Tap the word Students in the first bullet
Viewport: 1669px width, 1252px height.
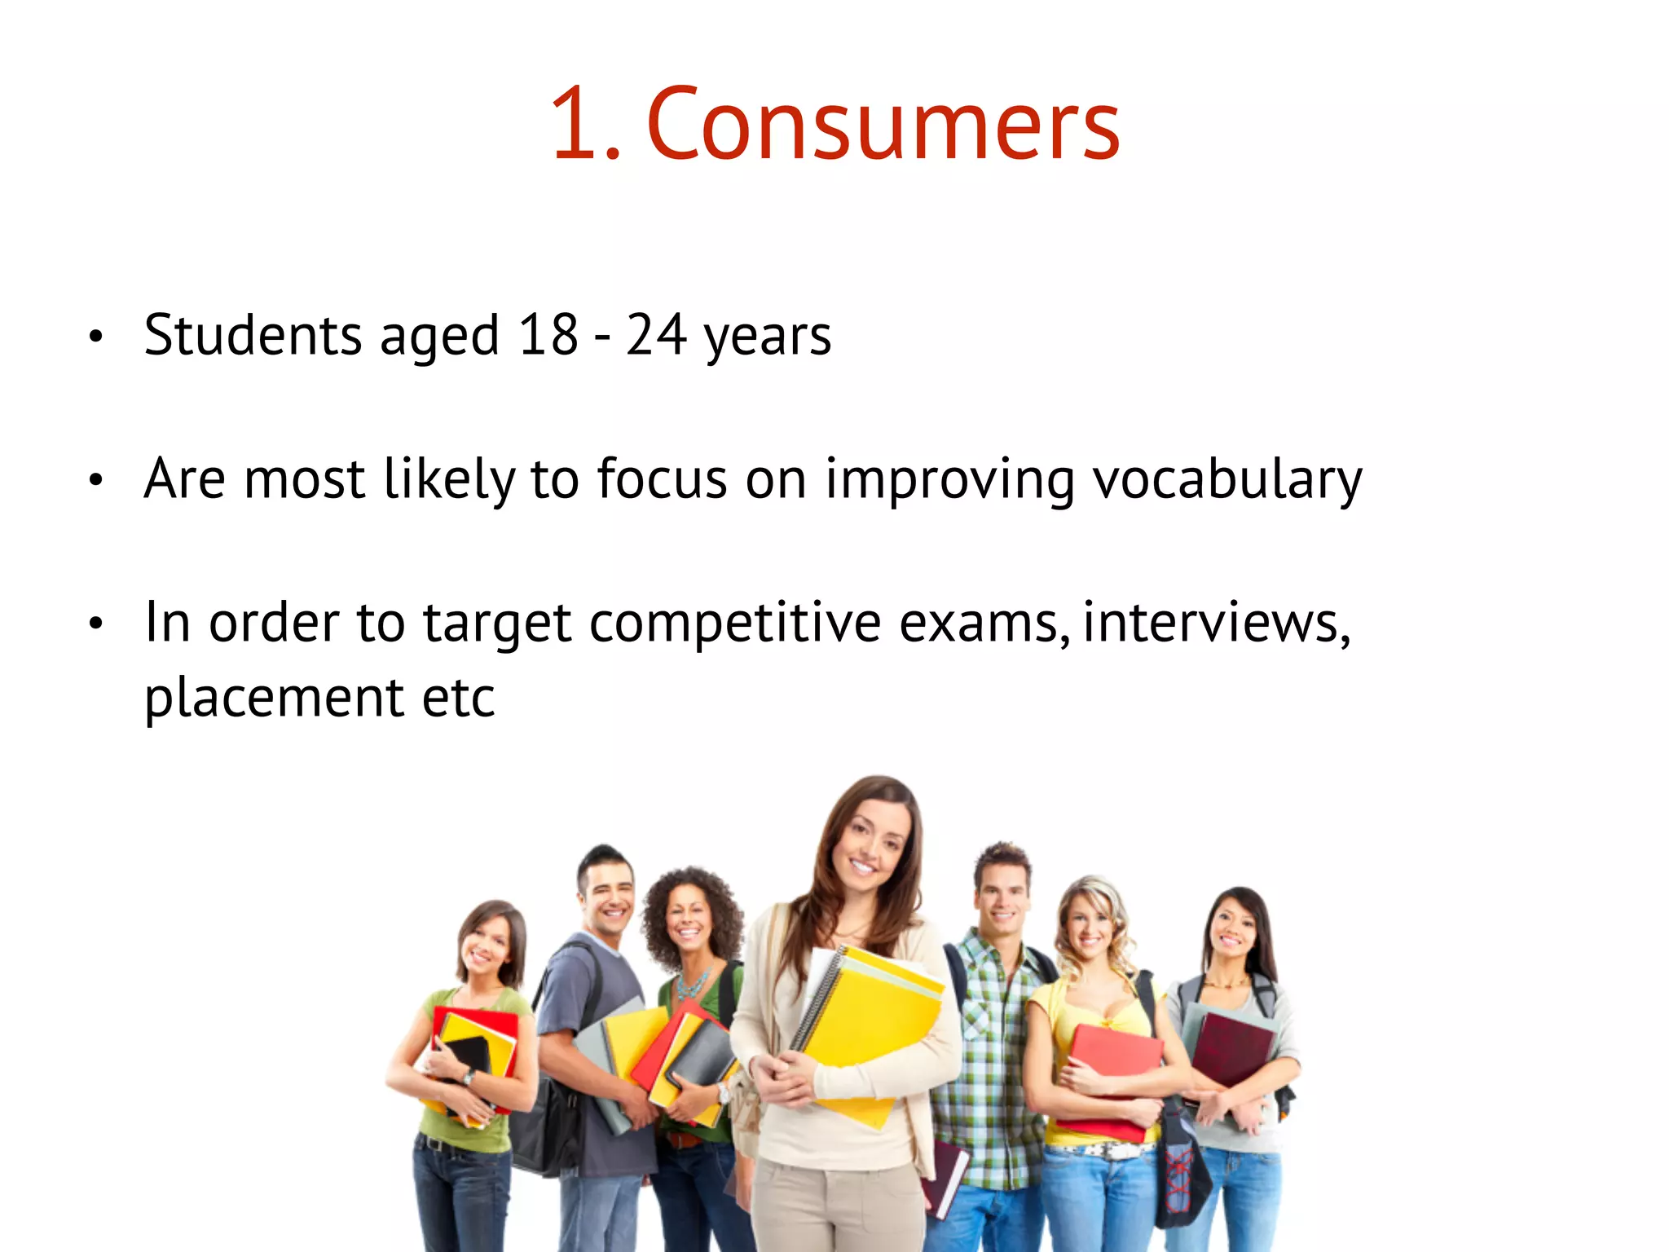coord(253,335)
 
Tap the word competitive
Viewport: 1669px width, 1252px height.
coord(735,623)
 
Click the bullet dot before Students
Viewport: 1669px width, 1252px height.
coord(96,336)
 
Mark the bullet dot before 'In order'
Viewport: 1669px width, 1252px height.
coord(96,624)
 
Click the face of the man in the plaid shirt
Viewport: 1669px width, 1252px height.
coord(1002,897)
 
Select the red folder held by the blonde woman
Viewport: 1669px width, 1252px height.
coord(1112,1060)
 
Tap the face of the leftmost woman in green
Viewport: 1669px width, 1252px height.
coord(487,946)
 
